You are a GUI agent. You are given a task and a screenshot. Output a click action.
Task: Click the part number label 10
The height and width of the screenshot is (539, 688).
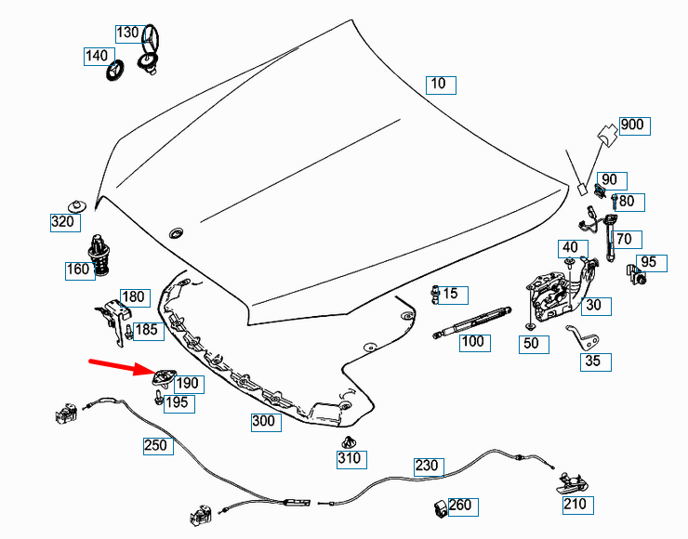pyautogui.click(x=439, y=85)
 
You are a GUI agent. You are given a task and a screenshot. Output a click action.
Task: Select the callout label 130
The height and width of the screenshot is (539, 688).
pyautogui.click(x=128, y=33)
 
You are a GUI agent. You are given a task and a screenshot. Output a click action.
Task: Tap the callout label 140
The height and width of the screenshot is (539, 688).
pyautogui.click(x=97, y=56)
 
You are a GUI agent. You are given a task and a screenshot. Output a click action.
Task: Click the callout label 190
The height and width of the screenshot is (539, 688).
pyautogui.click(x=188, y=383)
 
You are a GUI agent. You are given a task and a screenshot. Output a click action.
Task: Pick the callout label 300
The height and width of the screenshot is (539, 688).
pyautogui.click(x=264, y=421)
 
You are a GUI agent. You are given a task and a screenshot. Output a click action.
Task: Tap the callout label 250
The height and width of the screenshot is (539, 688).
pyautogui.click(x=156, y=446)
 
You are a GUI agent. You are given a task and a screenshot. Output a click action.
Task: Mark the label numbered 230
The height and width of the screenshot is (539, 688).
pyautogui.click(x=427, y=466)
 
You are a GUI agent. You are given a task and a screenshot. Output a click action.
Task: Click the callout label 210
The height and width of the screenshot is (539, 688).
pyautogui.click(x=576, y=505)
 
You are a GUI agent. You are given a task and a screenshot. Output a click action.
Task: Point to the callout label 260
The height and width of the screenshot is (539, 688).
pyautogui.click(x=460, y=506)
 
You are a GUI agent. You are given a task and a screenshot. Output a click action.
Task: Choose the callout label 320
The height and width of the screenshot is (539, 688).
pyautogui.click(x=63, y=221)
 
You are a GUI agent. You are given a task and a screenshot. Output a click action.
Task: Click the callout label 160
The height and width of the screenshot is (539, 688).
pyautogui.click(x=78, y=270)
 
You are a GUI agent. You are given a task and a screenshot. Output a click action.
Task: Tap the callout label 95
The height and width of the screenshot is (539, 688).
pyautogui.click(x=648, y=263)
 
